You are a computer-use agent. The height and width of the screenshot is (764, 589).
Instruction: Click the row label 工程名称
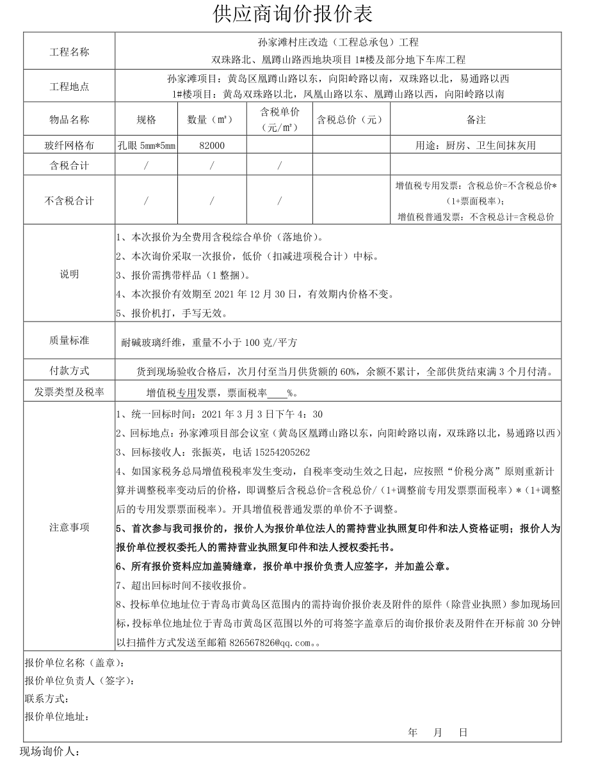click(x=69, y=52)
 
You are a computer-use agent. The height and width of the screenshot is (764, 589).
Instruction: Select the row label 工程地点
click(x=69, y=86)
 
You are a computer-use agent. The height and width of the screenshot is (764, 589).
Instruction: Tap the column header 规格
click(x=146, y=120)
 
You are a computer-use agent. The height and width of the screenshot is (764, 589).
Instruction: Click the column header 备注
click(x=476, y=120)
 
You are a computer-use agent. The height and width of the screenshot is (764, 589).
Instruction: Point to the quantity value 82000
click(x=212, y=146)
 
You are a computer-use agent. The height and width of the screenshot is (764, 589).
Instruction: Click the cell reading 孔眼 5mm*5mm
click(x=146, y=146)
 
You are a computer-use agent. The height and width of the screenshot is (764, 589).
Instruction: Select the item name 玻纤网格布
click(x=69, y=146)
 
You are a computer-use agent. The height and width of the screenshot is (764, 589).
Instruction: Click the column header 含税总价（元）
click(x=350, y=120)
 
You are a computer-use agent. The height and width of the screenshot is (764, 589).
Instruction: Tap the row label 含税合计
click(x=69, y=166)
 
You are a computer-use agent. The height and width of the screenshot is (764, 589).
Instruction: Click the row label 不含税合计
click(x=69, y=201)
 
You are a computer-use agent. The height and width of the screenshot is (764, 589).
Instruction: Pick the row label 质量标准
click(x=69, y=341)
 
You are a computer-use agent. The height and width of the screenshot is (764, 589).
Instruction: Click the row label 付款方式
click(x=69, y=371)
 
